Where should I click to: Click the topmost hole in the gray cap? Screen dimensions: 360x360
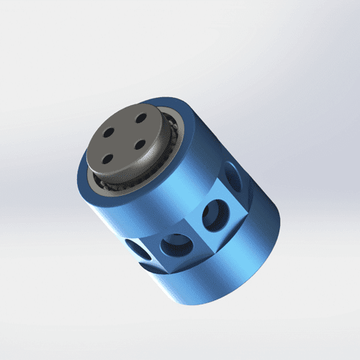(142, 116)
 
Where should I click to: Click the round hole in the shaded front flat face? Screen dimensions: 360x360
(173, 246)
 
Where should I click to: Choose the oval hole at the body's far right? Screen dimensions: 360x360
(233, 176)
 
